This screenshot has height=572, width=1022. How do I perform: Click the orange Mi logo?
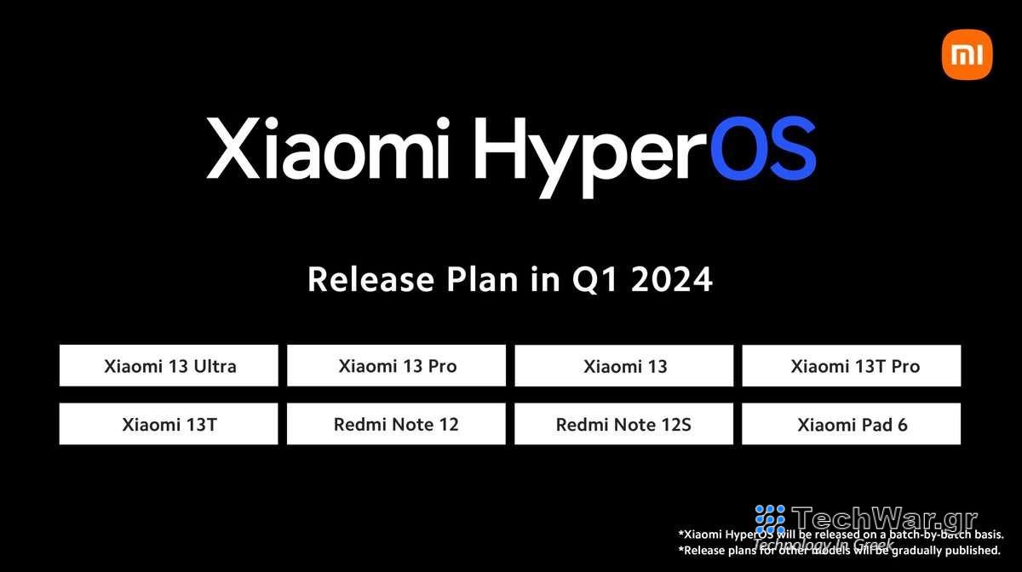point(967,54)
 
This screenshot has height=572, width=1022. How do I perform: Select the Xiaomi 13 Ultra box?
point(169,366)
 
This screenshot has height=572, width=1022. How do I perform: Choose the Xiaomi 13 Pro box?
point(396,366)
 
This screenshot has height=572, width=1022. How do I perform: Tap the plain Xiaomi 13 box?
point(624,366)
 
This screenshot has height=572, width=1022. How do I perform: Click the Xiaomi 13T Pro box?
point(852,366)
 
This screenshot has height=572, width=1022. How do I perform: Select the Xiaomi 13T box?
point(169,424)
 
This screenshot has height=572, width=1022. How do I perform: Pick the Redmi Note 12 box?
point(396,424)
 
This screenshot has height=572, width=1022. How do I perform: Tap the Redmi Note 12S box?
point(624,424)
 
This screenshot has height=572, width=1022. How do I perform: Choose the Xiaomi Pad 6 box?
point(852,424)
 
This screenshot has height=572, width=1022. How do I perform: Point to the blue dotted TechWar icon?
point(770,520)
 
